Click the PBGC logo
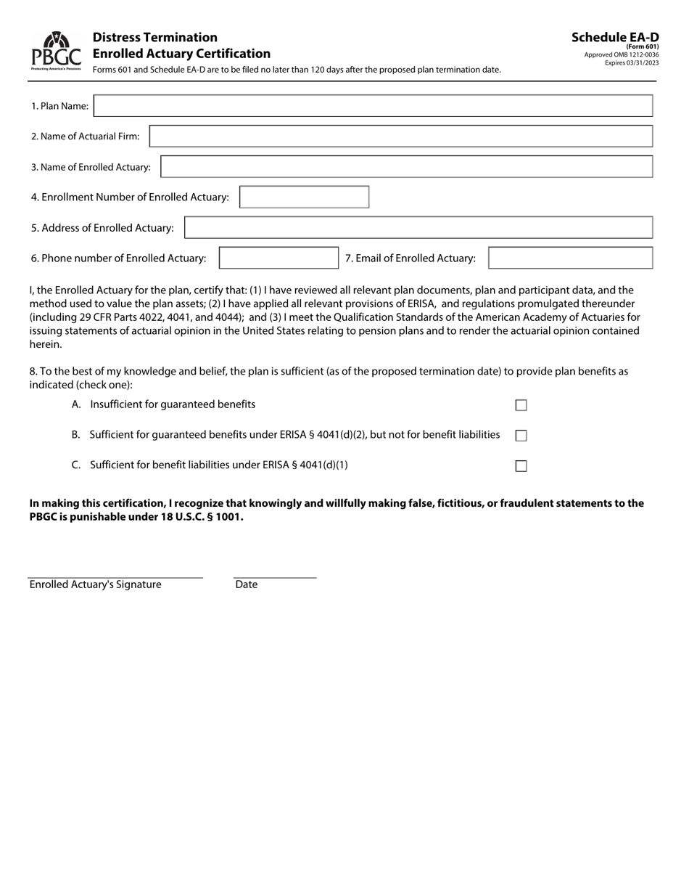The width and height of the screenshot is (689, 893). point(56,51)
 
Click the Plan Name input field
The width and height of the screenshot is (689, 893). point(374,106)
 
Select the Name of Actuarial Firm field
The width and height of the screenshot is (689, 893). point(400,136)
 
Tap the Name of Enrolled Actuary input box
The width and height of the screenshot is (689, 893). point(406,167)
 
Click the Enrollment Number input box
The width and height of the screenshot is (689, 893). point(304,197)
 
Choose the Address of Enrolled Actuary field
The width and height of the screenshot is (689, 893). point(418,228)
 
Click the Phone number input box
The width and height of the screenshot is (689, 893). point(279,258)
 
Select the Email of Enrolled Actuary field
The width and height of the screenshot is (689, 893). point(570,258)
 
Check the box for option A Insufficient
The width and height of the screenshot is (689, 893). point(521,405)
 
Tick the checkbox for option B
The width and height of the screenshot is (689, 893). point(521,436)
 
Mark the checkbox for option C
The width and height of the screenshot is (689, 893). point(521,466)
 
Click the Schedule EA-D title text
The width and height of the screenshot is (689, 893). point(615,38)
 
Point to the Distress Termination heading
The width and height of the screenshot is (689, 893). point(154,37)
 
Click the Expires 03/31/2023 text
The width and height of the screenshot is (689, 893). point(632,63)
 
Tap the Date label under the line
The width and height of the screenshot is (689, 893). point(247,584)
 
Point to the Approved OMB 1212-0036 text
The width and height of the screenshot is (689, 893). point(622,55)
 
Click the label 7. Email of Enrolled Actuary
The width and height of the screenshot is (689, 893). point(410,258)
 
